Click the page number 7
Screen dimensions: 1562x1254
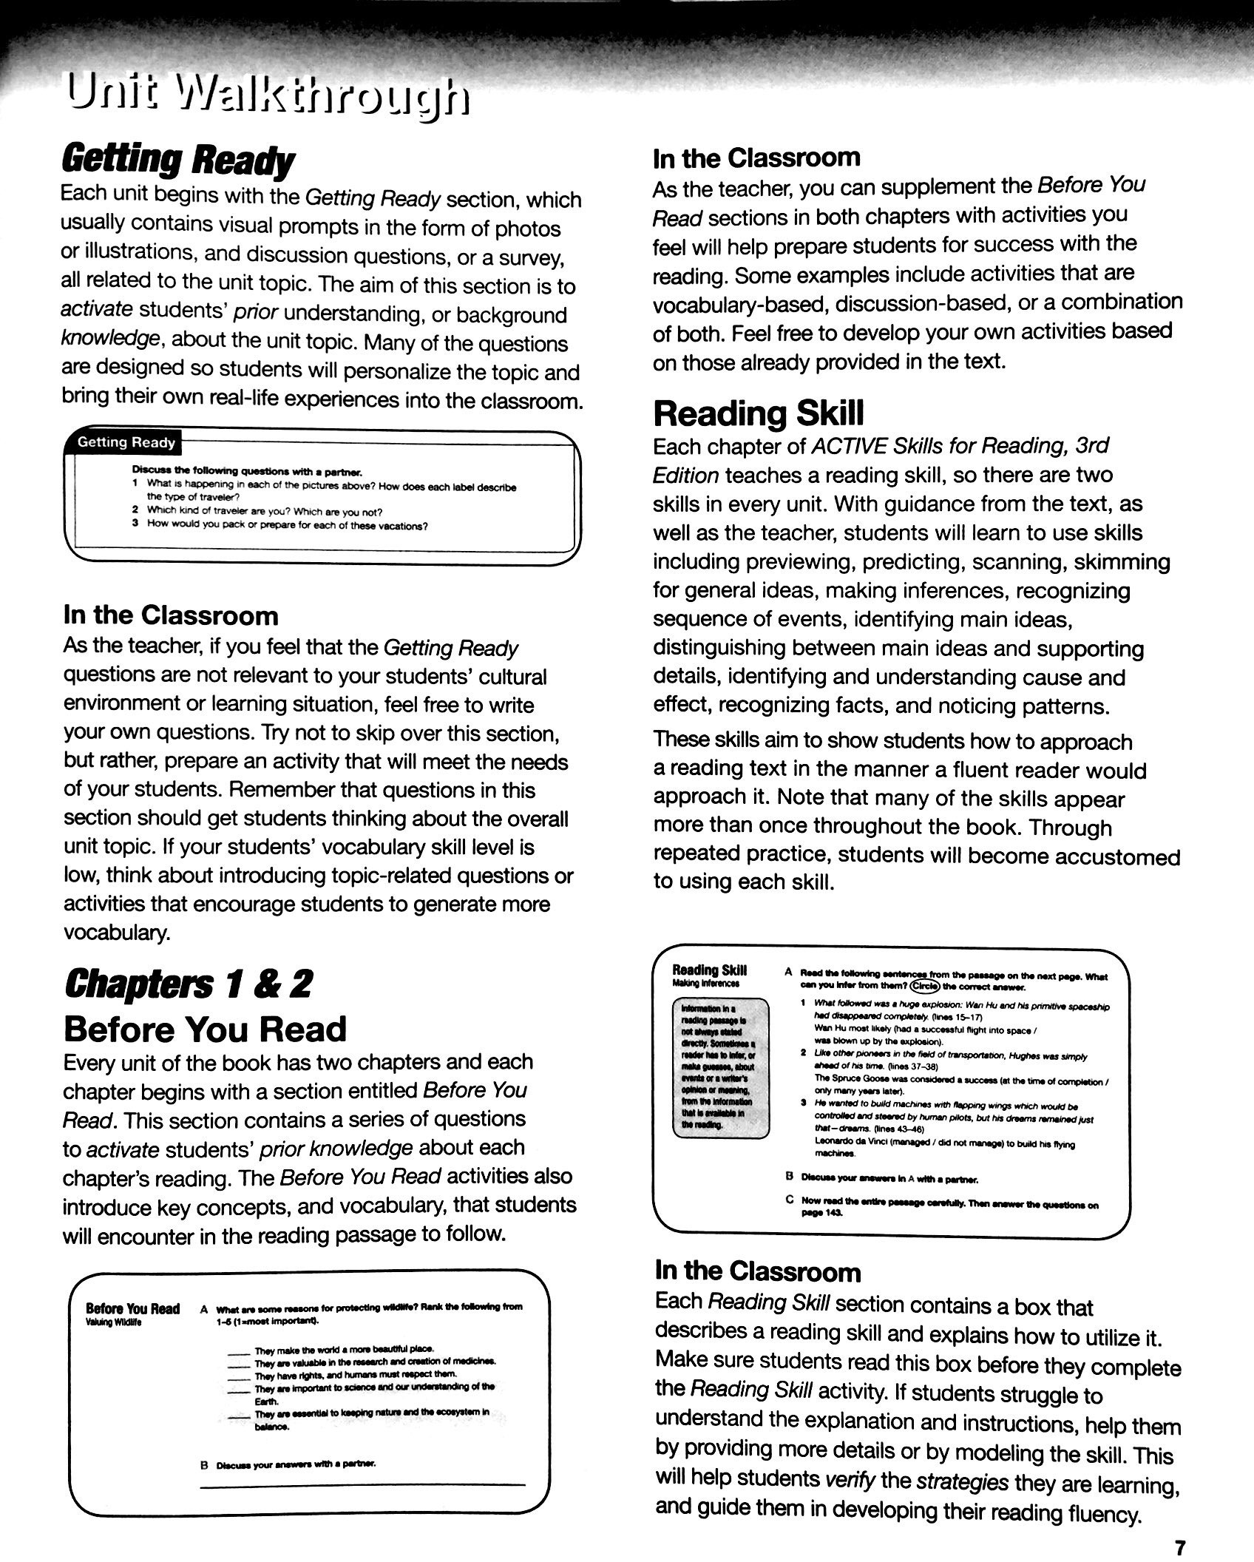coord(1179,1544)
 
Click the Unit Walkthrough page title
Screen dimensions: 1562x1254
coord(267,98)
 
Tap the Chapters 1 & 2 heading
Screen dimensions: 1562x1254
coord(188,984)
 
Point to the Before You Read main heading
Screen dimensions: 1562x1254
coord(205,1029)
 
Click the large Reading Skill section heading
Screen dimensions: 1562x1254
coord(758,413)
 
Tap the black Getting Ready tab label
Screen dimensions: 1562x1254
coord(126,443)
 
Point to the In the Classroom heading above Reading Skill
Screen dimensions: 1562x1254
coord(756,158)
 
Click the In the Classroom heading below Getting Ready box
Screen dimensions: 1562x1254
coord(171,615)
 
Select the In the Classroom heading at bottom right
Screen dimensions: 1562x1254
coord(758,1271)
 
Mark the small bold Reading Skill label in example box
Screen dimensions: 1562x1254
coord(709,970)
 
